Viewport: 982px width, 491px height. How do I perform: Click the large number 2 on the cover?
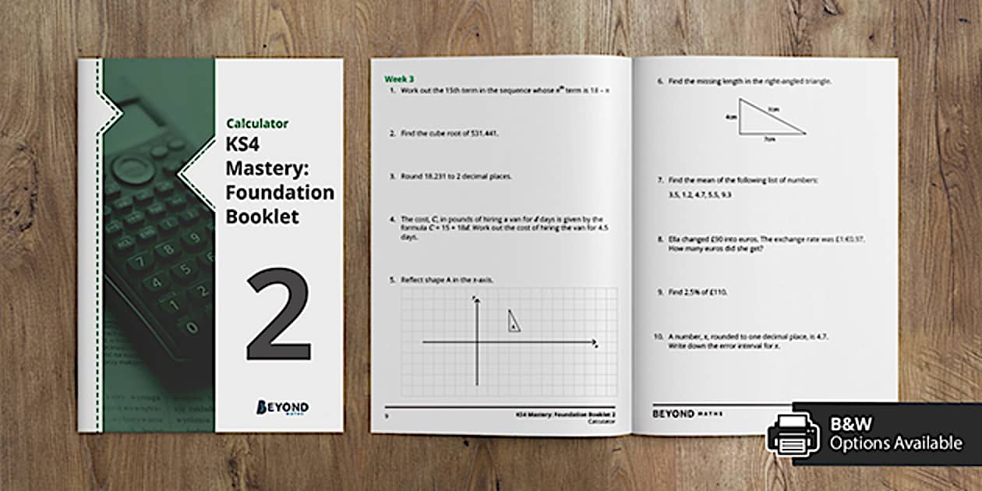coord(278,316)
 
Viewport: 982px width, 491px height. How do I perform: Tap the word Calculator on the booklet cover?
coord(257,123)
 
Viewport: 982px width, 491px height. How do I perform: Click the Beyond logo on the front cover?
coord(282,408)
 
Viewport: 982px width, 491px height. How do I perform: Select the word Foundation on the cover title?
coord(280,192)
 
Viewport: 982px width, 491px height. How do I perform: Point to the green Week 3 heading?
coord(399,79)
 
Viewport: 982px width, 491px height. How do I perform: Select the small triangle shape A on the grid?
coord(514,320)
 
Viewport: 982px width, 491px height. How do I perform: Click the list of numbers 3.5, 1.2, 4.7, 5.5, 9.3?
coord(699,194)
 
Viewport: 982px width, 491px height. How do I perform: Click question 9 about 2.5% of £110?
coord(697,291)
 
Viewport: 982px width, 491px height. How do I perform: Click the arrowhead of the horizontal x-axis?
coord(595,342)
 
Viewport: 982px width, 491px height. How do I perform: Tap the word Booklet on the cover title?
coord(262,216)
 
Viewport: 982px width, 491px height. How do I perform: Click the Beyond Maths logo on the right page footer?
coord(687,414)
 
